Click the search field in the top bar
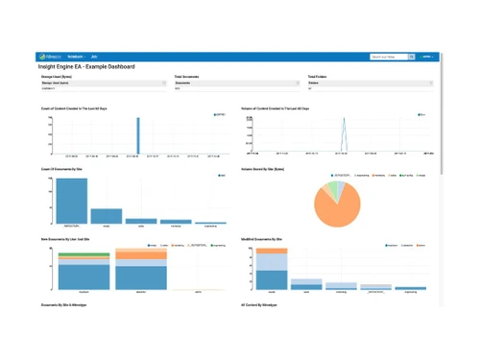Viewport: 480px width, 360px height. pyautogui.click(x=388, y=57)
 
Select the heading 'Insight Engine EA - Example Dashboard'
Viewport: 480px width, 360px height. pyautogui.click(x=86, y=67)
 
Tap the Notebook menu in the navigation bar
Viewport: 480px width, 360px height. pyautogui.click(x=76, y=57)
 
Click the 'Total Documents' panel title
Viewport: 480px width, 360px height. pyautogui.click(x=186, y=77)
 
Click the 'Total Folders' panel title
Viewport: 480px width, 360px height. pyautogui.click(x=318, y=77)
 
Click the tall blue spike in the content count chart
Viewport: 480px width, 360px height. pyautogui.click(x=138, y=134)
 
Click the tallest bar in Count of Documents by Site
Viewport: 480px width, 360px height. pyautogui.click(x=71, y=201)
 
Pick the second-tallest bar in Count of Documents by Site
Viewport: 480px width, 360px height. pyautogui.click(x=107, y=216)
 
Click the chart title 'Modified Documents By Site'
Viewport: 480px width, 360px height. pyautogui.click(x=262, y=238)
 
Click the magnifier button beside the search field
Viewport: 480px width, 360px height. pyautogui.click(x=412, y=57)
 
